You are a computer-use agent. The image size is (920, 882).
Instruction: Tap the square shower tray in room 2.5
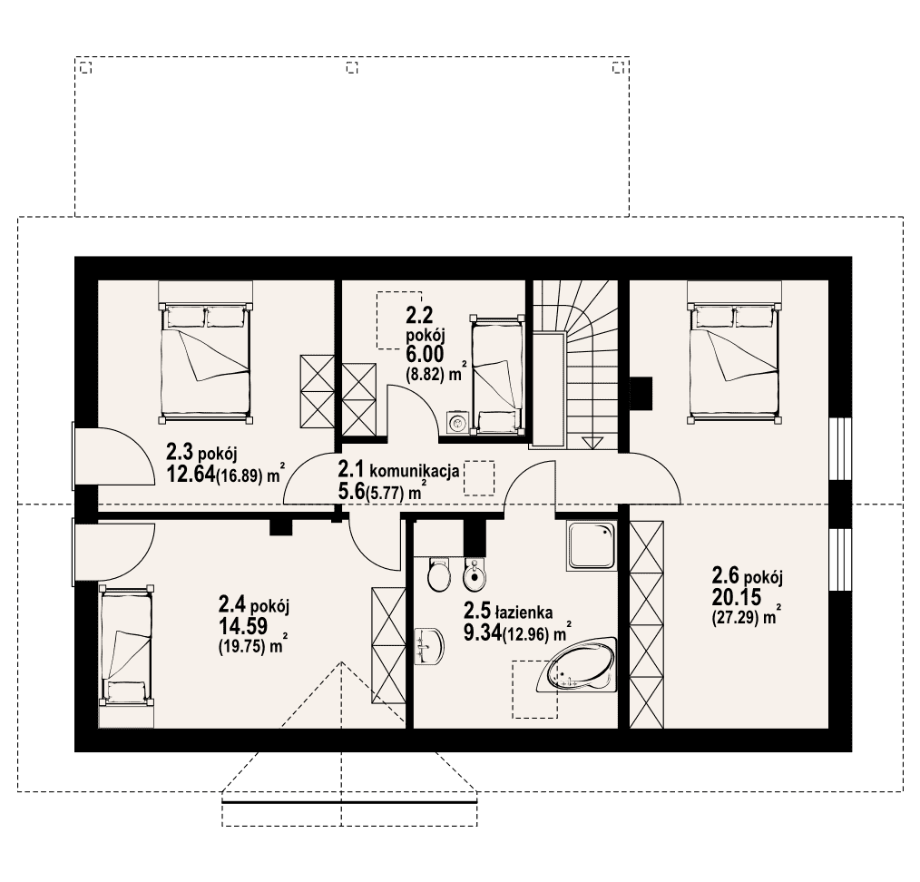point(592,545)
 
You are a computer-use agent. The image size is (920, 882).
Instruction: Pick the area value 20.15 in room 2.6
point(737,597)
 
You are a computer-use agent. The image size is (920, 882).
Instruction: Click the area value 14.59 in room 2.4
point(243,626)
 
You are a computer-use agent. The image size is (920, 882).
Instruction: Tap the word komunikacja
point(415,471)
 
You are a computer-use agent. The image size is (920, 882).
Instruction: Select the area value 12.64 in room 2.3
point(191,475)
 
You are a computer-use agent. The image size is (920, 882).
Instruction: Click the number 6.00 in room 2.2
point(425,354)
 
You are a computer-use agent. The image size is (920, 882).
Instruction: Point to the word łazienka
point(524,612)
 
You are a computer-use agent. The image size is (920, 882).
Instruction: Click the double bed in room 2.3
point(205,351)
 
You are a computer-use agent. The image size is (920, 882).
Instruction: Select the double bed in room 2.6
point(735,351)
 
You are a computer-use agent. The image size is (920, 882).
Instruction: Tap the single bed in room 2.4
point(126,655)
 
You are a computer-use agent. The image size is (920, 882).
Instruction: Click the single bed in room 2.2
point(497,376)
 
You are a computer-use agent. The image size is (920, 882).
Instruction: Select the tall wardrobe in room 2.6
point(647,624)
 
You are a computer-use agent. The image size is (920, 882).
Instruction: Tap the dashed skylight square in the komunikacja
point(479,478)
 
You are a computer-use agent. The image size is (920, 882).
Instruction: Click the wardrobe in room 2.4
point(388,645)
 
